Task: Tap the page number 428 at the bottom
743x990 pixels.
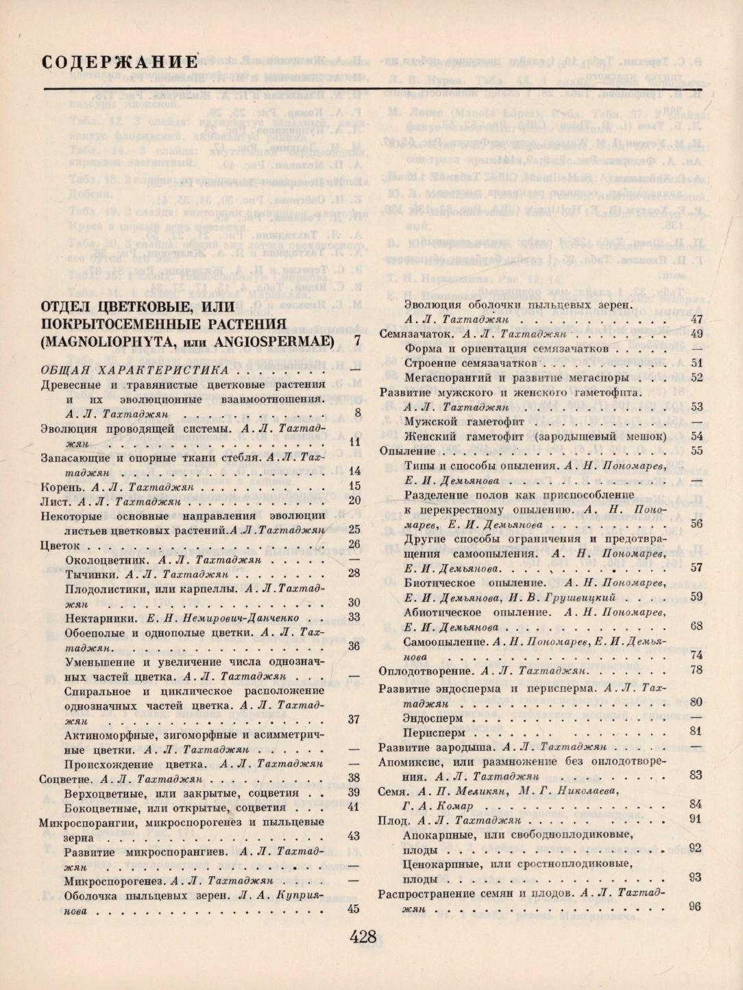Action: [363, 937]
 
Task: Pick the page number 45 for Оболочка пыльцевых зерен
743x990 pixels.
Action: [354, 909]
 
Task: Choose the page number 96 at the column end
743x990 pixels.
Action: [695, 906]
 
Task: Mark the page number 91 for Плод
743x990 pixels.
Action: [695, 819]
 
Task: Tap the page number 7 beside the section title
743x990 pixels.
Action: [357, 340]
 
